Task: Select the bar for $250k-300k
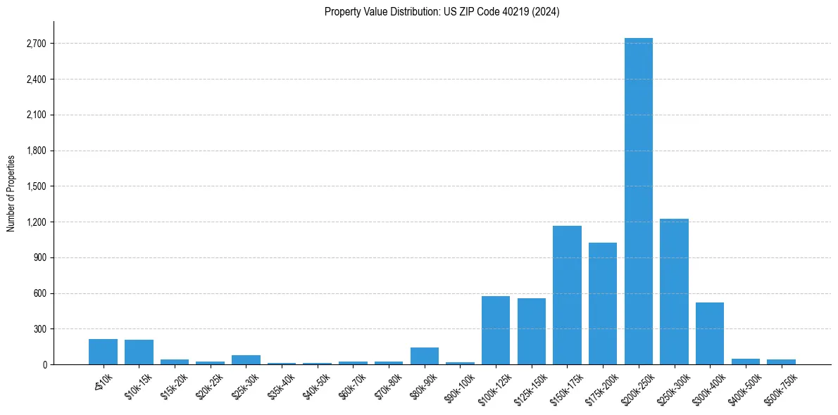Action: [674, 292]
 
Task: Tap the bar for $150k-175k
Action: [567, 295]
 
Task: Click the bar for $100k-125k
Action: [496, 331]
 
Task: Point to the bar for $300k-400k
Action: [710, 333]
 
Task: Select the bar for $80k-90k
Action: [425, 356]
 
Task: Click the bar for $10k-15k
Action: [139, 352]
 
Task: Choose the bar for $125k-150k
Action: [532, 331]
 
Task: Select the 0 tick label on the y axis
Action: [44, 365]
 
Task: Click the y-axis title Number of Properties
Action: [11, 193]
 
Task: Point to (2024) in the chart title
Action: [546, 12]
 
